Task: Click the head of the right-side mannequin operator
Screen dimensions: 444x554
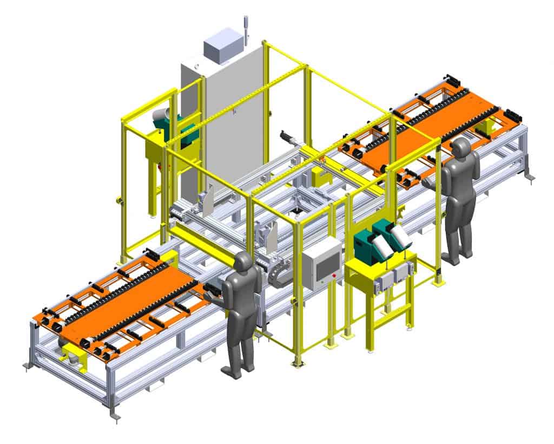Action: (x=460, y=147)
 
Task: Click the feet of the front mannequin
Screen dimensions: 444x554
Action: (x=238, y=371)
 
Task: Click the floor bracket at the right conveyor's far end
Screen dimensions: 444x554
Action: (x=530, y=176)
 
